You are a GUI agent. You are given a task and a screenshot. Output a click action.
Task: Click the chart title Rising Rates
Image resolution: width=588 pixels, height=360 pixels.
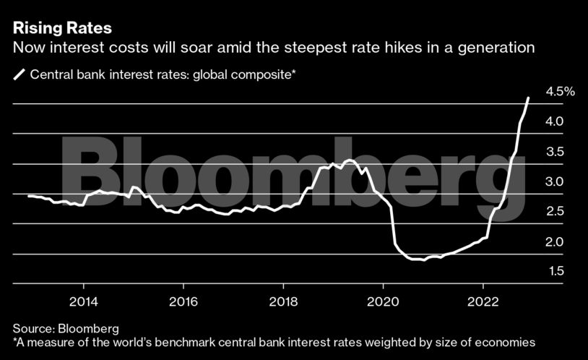pos(62,29)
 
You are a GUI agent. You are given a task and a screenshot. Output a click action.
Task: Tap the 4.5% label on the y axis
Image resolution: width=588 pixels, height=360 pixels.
pos(560,92)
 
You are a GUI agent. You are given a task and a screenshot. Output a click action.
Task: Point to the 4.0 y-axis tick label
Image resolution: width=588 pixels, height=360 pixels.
pos(555,121)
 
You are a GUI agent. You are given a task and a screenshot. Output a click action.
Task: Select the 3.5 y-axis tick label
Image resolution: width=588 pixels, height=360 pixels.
pos(555,152)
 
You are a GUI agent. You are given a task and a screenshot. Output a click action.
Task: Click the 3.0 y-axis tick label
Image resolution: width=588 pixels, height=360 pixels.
pos(555,181)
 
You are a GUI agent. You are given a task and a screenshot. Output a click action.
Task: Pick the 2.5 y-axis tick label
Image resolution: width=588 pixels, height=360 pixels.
pos(555,212)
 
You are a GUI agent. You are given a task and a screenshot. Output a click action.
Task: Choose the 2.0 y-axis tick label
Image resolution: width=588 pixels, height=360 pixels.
pos(555,241)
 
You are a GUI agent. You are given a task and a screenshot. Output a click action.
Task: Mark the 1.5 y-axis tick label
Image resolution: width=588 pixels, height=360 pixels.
pos(555,272)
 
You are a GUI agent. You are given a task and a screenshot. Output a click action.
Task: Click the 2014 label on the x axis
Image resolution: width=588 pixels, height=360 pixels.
pos(84,301)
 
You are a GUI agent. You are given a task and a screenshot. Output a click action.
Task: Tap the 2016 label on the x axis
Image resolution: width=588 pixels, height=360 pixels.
pos(183,301)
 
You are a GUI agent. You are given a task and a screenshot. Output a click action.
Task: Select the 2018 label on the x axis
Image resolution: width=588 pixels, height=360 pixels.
pos(283,301)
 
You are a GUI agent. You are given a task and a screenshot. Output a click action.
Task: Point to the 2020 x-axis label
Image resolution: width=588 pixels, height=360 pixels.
pos(383,301)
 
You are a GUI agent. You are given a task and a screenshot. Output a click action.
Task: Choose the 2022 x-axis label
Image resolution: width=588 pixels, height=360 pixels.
pos(483,301)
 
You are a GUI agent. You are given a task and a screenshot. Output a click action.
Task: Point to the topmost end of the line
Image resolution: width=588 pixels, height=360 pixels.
pos(528,98)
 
